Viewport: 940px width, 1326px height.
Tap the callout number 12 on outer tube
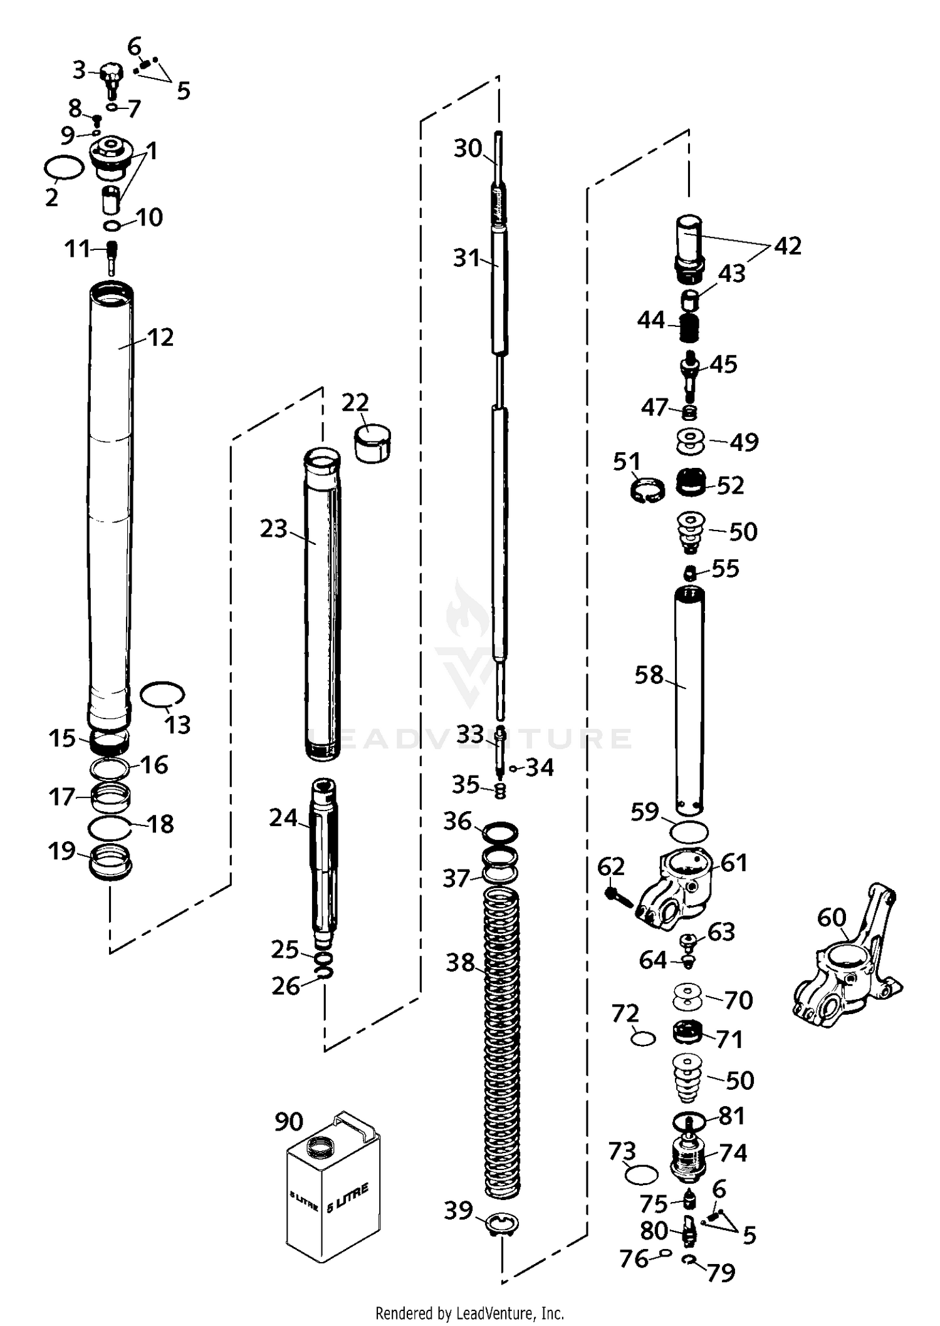click(x=160, y=338)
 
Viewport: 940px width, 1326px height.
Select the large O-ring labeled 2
click(x=64, y=168)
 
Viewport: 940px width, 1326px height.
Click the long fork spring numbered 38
click(x=502, y=1040)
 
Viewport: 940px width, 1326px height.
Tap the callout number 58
click(x=649, y=675)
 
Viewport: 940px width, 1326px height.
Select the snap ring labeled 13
click(x=162, y=695)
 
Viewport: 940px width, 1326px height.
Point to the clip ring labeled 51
click(x=646, y=488)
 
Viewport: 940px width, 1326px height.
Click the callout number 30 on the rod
click(x=467, y=149)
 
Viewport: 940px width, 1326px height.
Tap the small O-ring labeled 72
click(x=643, y=1039)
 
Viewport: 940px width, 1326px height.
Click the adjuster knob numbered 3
click(x=111, y=75)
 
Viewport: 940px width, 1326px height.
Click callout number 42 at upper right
click(x=788, y=246)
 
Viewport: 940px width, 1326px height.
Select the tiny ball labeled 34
click(x=513, y=769)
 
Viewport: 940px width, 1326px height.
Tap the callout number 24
click(x=283, y=817)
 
